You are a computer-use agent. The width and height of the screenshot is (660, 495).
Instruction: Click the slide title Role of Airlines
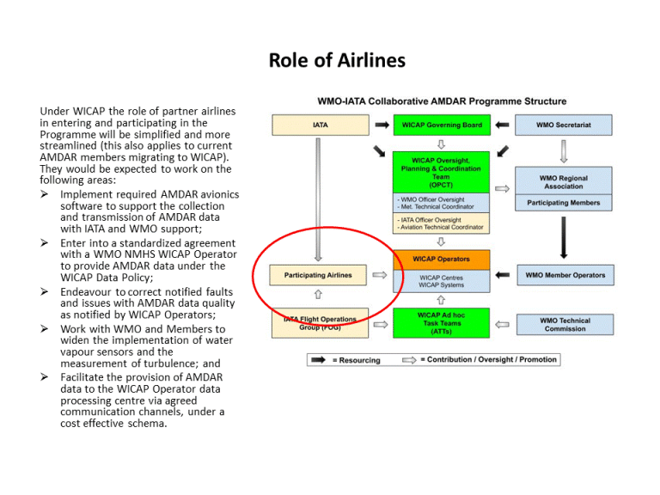(337, 60)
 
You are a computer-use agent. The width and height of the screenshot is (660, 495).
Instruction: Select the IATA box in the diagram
(319, 125)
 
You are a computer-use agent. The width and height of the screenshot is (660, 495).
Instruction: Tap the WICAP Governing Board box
(441, 125)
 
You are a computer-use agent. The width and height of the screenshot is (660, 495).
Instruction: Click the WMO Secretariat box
(563, 125)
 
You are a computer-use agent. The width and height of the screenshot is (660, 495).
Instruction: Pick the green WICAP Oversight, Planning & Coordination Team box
(441, 172)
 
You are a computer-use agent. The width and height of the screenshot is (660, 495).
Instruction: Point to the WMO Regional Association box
(563, 182)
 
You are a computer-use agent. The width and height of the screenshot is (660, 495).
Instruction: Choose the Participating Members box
(563, 204)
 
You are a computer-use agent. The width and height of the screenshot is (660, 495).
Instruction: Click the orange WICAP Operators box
(441, 259)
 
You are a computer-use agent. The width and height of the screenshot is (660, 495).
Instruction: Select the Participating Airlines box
(318, 276)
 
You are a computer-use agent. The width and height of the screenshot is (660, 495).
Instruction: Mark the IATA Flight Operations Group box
(318, 323)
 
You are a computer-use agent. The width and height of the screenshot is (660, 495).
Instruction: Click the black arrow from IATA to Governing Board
(381, 125)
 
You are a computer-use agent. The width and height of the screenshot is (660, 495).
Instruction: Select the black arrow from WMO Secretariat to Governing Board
(503, 125)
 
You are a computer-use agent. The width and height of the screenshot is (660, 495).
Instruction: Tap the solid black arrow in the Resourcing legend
(317, 360)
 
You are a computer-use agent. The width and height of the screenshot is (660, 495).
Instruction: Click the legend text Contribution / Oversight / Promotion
(492, 359)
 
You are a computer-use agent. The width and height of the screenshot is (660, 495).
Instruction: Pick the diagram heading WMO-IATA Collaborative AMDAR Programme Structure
(442, 101)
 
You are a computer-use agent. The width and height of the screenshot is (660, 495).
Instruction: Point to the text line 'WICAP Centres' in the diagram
(441, 278)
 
